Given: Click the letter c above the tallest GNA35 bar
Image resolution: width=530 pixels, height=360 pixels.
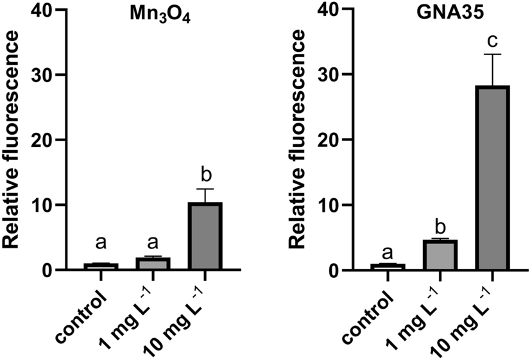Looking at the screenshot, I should [x=491, y=40].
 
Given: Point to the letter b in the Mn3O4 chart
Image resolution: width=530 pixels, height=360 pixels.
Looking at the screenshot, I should [x=205, y=174].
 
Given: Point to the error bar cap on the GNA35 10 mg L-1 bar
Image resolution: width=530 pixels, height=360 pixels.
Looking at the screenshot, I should [x=491, y=55].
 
